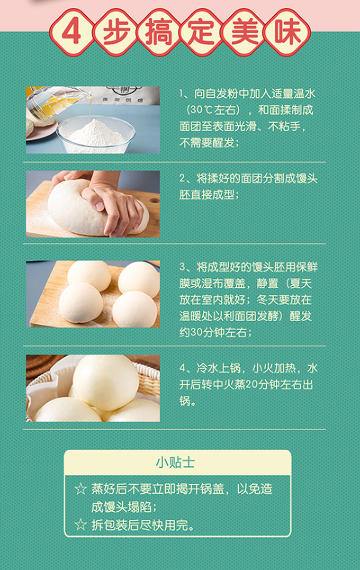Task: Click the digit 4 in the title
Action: tap(71, 32)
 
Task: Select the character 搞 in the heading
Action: tap(158, 32)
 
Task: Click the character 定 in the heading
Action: tap(202, 32)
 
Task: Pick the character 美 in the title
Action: tap(245, 32)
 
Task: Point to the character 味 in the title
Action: tap(288, 32)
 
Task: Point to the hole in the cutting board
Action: tap(154, 200)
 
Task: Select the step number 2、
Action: tap(187, 179)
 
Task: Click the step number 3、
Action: tap(187, 267)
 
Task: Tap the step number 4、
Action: tap(187, 368)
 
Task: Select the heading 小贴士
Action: tap(176, 462)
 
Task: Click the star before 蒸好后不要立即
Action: tap(81, 489)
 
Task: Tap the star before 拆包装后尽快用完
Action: tap(81, 525)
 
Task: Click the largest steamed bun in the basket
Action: tap(106, 381)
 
